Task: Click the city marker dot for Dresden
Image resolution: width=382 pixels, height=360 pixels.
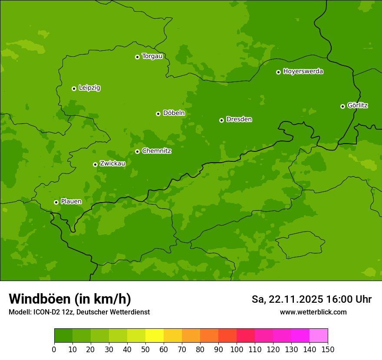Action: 221,120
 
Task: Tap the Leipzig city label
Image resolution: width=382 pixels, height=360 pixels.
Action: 89,88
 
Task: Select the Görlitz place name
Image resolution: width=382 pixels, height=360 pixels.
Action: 358,105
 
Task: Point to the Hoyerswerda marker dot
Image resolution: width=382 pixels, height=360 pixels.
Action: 278,72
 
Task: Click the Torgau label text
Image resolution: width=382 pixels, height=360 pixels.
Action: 152,56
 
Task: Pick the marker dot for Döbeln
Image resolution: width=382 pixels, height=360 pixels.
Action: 158,114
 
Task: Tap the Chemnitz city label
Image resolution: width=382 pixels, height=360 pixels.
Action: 157,151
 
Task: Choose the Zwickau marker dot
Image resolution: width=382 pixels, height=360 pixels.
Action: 95,164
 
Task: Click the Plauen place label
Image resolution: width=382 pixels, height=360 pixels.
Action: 71,202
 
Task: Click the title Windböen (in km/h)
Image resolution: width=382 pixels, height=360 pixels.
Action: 70,299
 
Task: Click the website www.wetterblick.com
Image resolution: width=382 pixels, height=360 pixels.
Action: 313,312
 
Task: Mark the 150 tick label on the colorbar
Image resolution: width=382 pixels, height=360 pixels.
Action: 328,350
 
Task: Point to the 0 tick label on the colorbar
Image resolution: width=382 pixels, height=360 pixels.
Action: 54,350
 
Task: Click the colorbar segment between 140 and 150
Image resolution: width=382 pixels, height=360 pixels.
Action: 319,336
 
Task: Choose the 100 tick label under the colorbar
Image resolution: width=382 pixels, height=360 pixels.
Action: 237,350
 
